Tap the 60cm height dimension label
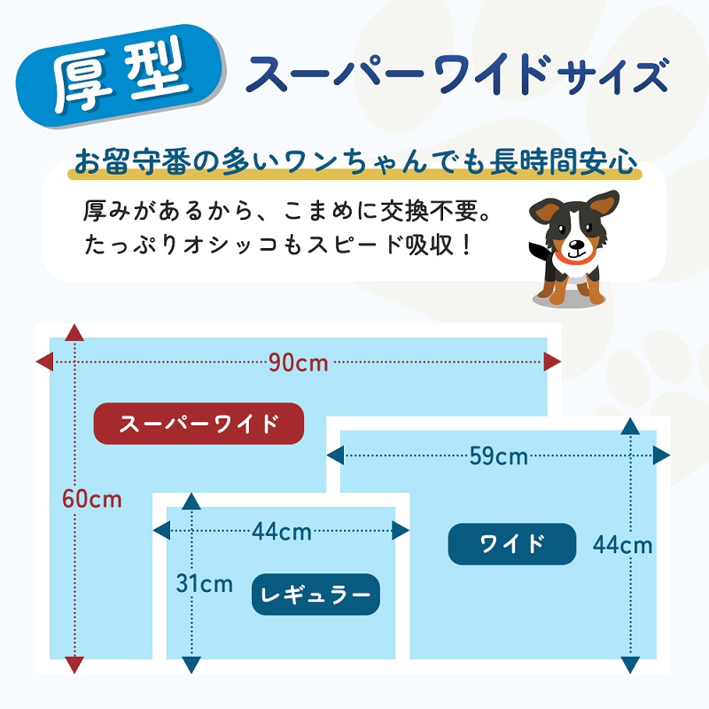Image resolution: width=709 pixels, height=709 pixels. (91, 499)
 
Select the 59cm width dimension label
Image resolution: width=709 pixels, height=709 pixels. (498, 456)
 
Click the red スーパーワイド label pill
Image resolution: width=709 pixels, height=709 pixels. (199, 423)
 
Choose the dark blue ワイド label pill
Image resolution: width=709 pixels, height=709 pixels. (511, 543)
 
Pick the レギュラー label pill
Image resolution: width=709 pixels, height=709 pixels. (316, 594)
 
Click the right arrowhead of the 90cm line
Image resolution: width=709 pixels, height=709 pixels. (553, 362)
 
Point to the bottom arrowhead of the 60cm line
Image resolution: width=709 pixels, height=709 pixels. (74, 665)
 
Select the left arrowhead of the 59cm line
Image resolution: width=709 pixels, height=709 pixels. (335, 456)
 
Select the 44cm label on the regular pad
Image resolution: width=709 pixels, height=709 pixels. (281, 532)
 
